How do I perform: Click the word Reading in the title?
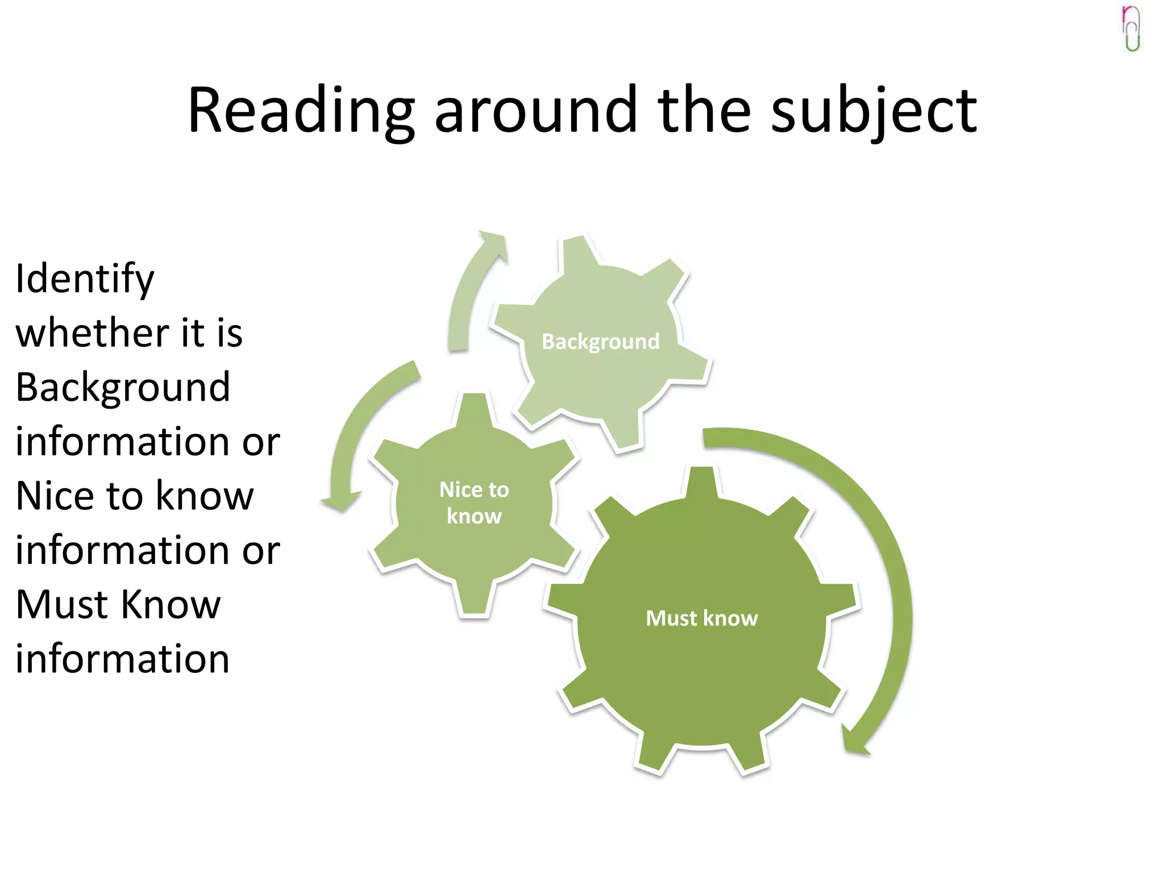301,111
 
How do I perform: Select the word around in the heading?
535,111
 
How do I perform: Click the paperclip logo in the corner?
1132,28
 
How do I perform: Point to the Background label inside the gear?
600,342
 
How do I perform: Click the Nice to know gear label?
474,502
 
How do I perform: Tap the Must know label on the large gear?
701,618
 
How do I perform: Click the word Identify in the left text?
85,280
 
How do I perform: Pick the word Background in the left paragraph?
123,388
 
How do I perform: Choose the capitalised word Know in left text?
171,604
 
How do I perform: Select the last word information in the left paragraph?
123,659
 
